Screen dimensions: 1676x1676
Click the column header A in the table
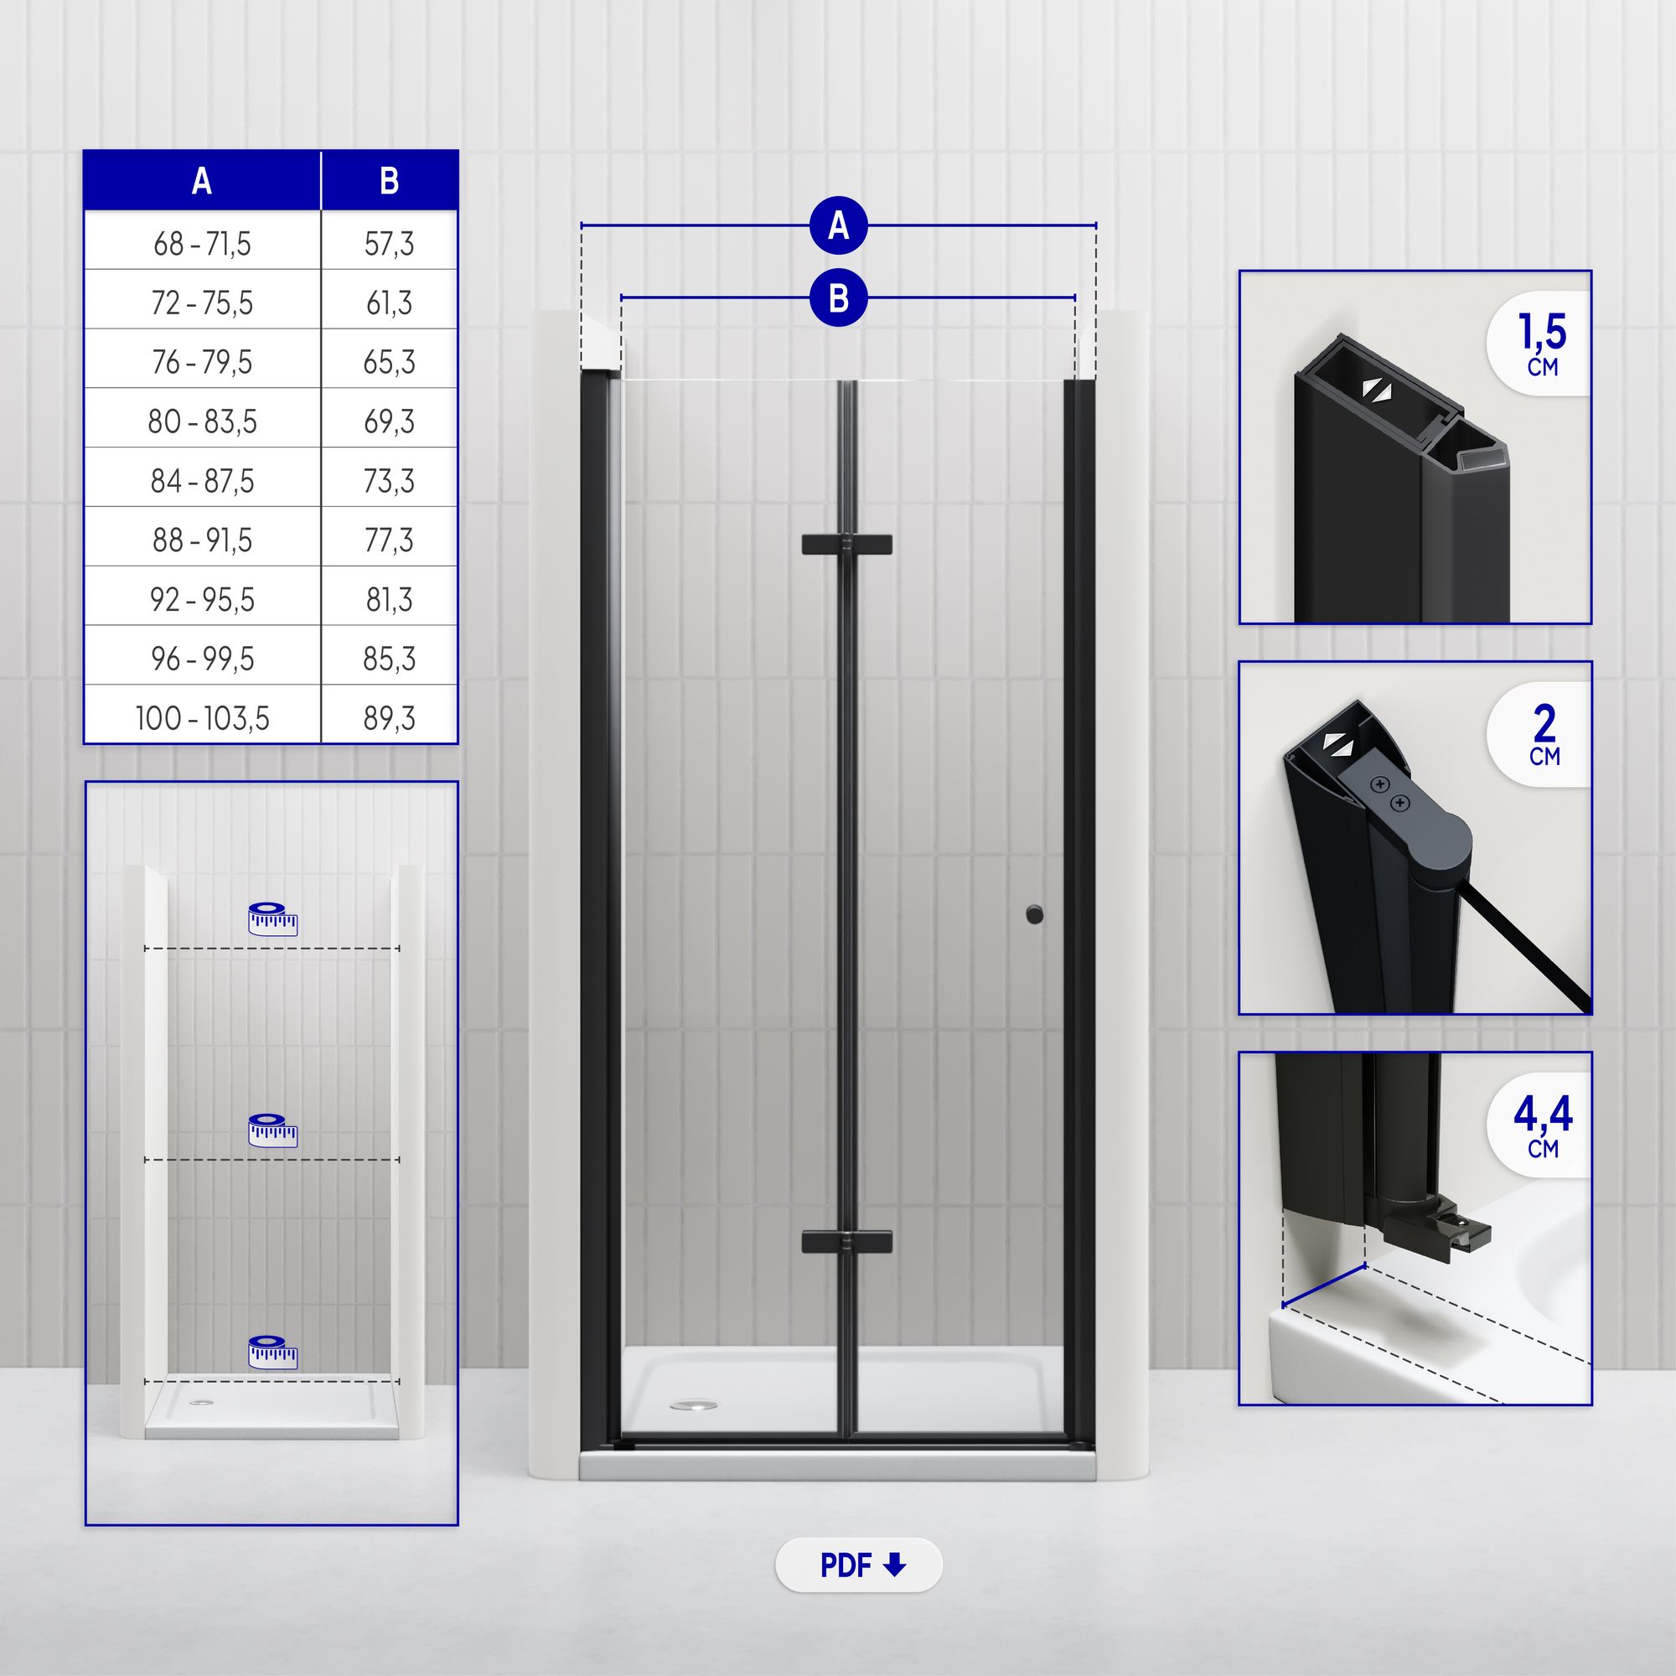202,180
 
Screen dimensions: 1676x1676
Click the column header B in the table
390,180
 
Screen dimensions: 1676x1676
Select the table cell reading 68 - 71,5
202,244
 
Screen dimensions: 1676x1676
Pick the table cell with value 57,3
390,244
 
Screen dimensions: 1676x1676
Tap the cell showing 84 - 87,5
202,480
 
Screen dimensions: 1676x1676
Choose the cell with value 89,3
390,717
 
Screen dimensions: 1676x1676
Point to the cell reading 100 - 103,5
202,717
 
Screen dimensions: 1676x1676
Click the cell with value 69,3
390,422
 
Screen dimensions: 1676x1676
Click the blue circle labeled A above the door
838,225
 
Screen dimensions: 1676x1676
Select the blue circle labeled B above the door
838,297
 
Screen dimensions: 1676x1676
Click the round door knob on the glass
1034,914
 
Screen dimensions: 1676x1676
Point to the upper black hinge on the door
846,545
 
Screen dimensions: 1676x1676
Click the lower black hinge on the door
846,1241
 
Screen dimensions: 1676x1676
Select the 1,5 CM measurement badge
1539,344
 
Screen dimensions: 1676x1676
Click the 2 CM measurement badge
1539,734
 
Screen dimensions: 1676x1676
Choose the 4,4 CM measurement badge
1539,1125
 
